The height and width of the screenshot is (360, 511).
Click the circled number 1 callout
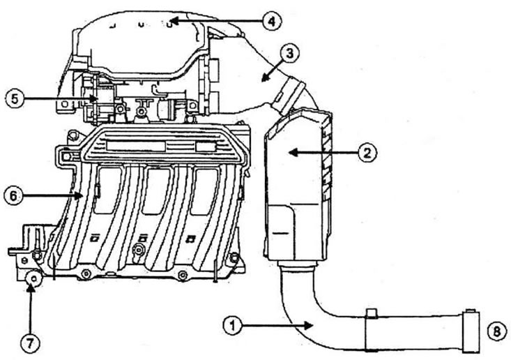[233, 325]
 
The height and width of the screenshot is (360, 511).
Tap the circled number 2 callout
[367, 153]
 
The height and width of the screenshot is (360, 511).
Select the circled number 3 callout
[289, 54]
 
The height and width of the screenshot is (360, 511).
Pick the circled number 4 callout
[271, 21]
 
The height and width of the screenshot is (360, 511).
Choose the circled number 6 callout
[13, 196]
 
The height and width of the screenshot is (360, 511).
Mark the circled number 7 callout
[30, 343]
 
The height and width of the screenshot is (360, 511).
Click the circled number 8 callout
[496, 331]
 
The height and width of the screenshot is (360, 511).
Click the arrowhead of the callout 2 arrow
[293, 152]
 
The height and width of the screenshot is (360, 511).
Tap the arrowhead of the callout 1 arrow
[309, 325]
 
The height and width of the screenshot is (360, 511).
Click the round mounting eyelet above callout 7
[34, 279]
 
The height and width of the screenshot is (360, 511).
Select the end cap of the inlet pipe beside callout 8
[471, 331]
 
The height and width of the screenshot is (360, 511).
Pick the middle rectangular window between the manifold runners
[155, 190]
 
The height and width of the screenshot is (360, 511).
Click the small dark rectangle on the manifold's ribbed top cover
[206, 147]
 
